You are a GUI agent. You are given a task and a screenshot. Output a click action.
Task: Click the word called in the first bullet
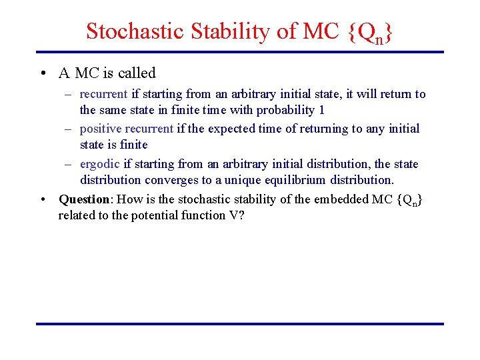tap(137, 73)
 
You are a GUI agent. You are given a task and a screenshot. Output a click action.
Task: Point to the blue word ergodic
tap(100, 164)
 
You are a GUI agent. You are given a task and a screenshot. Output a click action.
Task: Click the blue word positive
tap(99, 129)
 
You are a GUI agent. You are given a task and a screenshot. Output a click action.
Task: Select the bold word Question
tap(83, 199)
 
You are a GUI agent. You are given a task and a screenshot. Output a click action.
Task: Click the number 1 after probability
tap(322, 110)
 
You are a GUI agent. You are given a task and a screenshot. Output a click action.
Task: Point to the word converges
tap(164, 180)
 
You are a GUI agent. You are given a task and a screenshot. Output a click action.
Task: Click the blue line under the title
tap(239, 52)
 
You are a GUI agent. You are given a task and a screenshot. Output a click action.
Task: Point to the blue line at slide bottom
tap(239, 324)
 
